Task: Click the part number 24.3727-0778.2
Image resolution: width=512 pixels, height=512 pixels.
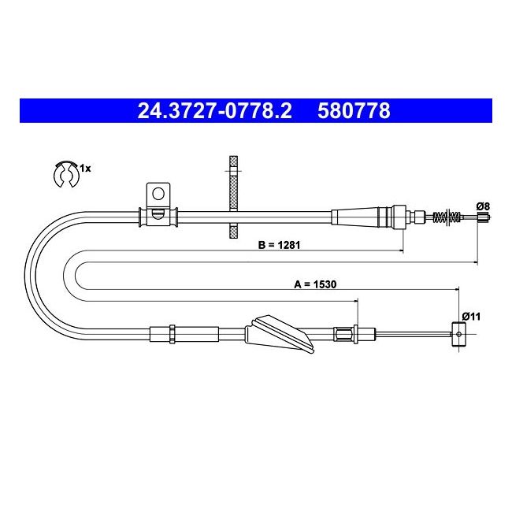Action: [x=214, y=111]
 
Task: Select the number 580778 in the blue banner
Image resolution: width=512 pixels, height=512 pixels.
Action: [x=354, y=111]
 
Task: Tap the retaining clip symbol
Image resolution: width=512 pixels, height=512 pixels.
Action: [x=66, y=174]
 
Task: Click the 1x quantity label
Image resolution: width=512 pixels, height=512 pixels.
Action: [x=86, y=169]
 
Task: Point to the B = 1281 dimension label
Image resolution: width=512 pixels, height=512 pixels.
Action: [x=279, y=244]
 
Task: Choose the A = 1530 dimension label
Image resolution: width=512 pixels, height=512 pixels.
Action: [x=315, y=284]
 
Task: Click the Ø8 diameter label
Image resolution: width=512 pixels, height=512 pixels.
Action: [x=484, y=206]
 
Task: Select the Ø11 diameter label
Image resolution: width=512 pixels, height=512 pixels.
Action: [x=471, y=317]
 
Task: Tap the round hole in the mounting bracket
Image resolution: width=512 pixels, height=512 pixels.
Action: [x=158, y=194]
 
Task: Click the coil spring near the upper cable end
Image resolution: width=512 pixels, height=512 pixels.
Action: [x=447, y=216]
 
